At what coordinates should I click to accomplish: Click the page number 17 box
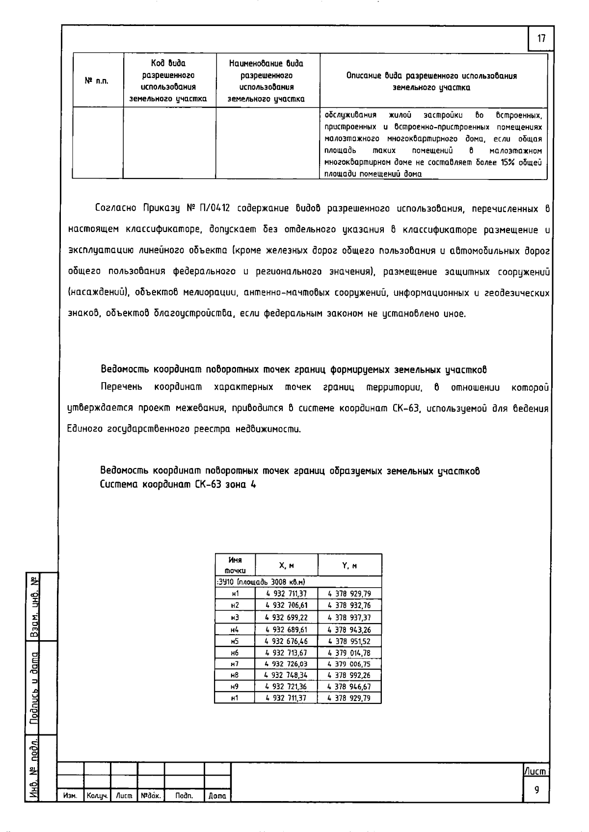tap(541, 38)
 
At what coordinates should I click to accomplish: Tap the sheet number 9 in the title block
tap(536, 789)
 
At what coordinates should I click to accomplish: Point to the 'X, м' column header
tap(286, 566)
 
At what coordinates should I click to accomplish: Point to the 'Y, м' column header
tap(349, 566)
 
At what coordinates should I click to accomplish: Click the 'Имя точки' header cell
tap(235, 565)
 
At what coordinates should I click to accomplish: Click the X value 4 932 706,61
tap(286, 605)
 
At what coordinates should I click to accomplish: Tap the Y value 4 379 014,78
tap(349, 652)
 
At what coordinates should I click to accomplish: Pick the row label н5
tap(235, 641)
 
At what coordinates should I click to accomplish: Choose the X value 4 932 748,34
tap(286, 676)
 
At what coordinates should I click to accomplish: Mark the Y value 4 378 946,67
tap(349, 687)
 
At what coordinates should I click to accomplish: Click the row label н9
tap(235, 687)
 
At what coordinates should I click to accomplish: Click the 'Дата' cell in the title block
tap(217, 796)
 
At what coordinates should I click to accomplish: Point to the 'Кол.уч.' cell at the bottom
tap(97, 796)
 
